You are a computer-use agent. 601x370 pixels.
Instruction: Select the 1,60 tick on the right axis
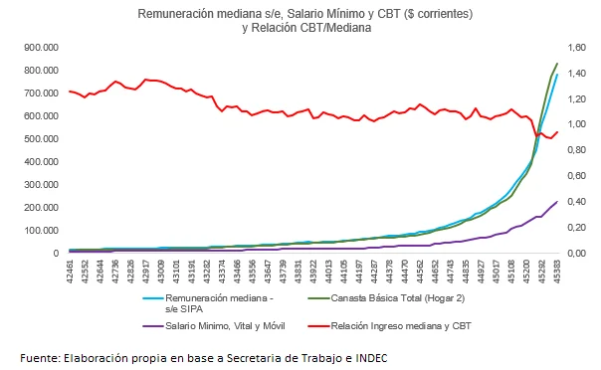click(x=578, y=47)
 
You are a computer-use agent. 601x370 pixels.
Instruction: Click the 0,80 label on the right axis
click(x=578, y=150)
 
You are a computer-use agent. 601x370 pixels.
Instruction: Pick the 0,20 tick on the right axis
click(x=578, y=227)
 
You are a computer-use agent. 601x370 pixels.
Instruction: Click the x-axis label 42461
click(x=70, y=272)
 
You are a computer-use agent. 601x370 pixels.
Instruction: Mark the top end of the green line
click(x=557, y=64)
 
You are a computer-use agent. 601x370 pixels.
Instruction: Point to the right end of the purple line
click(x=557, y=201)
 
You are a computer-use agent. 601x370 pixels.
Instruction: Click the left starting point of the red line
click(x=69, y=91)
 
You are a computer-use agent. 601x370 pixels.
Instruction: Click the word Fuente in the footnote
click(x=41, y=357)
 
